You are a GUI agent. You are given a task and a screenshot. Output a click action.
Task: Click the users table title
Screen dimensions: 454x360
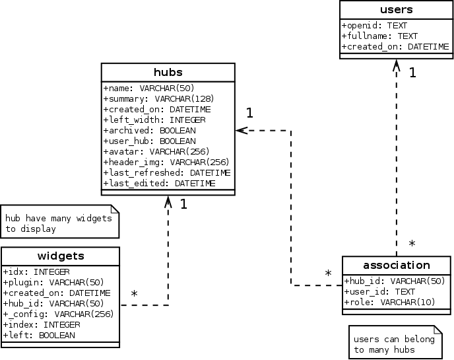tap(396, 9)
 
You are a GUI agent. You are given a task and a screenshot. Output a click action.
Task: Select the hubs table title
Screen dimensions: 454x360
tap(168, 72)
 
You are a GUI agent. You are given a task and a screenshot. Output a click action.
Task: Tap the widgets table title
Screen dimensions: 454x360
tap(61, 256)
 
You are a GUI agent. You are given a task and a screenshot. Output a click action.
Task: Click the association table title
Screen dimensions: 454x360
tap(397, 266)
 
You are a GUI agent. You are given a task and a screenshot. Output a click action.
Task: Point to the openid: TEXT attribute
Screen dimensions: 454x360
tap(374, 26)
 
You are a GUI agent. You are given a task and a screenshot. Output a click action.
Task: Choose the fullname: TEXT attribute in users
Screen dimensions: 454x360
tap(379, 36)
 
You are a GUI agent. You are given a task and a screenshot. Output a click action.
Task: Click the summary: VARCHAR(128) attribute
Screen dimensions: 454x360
tap(158, 99)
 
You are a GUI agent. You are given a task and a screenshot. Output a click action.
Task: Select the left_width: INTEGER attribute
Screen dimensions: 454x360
tap(154, 120)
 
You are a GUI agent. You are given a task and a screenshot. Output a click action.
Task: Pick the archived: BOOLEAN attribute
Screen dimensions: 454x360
tap(150, 130)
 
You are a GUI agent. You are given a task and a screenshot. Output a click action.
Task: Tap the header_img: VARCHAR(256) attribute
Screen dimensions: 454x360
tap(166, 162)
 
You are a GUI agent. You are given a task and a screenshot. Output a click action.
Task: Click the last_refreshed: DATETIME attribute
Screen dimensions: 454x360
tap(167, 173)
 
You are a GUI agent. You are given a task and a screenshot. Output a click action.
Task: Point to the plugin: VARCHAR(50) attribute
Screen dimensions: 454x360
tap(53, 282)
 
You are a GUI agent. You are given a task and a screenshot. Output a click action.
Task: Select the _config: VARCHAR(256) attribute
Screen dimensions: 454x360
tap(59, 314)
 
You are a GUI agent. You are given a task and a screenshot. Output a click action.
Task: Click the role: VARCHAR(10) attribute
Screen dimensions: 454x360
tap(390, 303)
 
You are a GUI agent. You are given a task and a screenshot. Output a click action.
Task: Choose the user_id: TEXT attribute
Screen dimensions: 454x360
tap(379, 292)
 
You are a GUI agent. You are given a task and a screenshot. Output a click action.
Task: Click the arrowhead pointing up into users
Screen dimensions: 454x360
tap(397, 65)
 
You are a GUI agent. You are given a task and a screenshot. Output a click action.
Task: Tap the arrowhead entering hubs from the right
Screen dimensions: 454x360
tap(242, 130)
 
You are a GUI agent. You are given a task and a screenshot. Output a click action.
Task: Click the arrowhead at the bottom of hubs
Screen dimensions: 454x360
tap(168, 201)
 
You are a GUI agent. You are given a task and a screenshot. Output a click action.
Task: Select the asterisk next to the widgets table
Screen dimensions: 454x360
tap(134, 293)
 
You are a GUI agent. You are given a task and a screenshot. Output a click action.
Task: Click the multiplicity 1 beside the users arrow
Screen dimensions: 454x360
tap(412, 73)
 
